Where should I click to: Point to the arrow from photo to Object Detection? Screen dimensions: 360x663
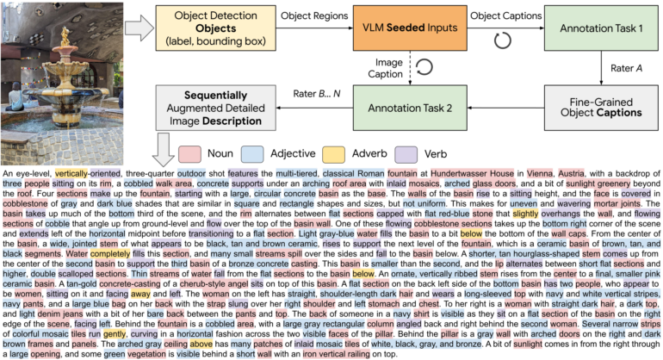point(137,28)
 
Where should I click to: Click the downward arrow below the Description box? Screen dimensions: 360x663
point(163,152)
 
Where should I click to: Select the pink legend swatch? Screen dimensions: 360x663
point(190,153)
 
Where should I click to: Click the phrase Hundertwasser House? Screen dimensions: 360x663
point(472,173)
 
